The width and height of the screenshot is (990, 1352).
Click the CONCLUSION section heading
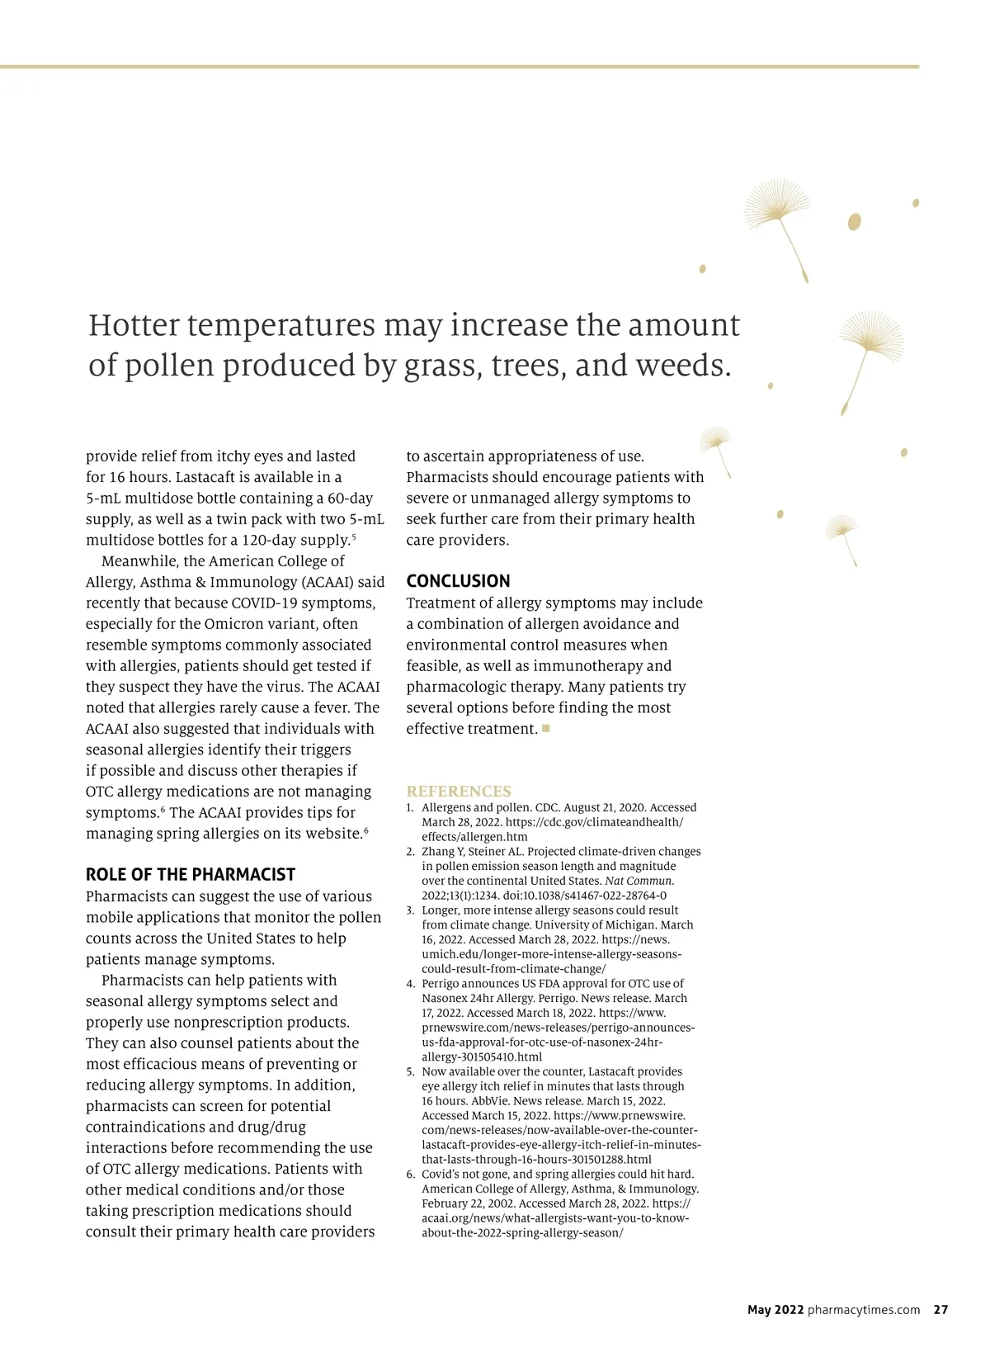pos(458,581)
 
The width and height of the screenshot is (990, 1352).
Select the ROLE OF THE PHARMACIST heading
pos(190,875)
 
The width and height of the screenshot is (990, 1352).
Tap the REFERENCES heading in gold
pos(459,791)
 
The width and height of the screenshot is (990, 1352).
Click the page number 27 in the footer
pos(940,1309)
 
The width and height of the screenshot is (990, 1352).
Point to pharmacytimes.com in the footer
pos(864,1309)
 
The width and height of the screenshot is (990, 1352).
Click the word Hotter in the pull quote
pos(133,325)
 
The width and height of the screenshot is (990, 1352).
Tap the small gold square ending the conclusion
pos(546,728)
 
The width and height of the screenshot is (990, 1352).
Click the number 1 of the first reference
pos(410,807)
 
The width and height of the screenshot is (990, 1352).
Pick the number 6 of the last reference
pos(410,1174)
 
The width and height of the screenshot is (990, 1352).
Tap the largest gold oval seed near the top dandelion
pos(855,221)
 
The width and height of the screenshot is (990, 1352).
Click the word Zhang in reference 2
pos(438,851)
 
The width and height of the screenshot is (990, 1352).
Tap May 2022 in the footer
pos(775,1309)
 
